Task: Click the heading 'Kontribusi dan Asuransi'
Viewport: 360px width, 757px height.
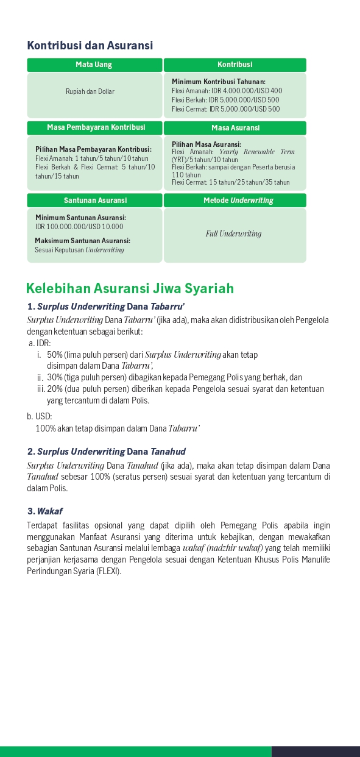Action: point(90,46)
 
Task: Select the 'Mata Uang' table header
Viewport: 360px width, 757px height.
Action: point(94,65)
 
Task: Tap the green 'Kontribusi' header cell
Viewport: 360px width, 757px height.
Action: point(235,65)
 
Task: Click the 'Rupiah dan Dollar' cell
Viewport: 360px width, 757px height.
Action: point(90,91)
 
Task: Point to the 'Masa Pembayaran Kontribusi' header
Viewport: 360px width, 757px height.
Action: point(96,127)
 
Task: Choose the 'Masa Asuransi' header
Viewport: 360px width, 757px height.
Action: point(235,128)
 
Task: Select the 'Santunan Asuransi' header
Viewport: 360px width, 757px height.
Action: point(95,200)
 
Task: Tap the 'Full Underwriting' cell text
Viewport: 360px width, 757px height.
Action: point(233,233)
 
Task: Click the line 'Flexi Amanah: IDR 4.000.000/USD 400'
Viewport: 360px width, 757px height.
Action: point(227,91)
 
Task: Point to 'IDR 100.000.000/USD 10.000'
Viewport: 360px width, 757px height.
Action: point(79,227)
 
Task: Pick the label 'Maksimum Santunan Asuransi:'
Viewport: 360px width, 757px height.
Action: point(82,241)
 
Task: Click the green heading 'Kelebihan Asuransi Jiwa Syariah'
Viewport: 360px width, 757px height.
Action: point(130,288)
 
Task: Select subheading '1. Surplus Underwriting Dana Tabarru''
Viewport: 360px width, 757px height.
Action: point(106,306)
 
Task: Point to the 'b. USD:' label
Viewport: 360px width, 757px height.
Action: point(40,416)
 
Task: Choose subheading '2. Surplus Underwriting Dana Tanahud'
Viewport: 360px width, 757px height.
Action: point(106,452)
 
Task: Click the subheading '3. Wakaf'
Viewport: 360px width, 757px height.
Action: point(44,511)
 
